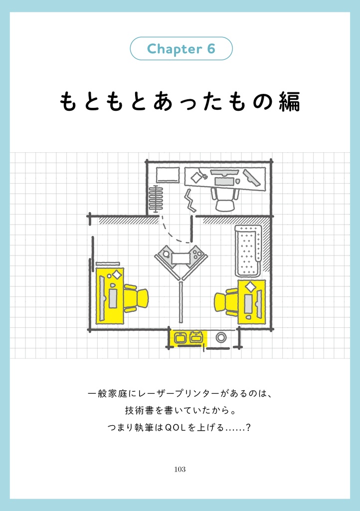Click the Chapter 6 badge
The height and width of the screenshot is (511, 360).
[181, 49]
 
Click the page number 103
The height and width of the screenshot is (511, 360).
[180, 469]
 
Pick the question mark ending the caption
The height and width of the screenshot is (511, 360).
[248, 428]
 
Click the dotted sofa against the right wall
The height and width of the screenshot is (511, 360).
[248, 250]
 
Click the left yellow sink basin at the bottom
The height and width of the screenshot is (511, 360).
[180, 337]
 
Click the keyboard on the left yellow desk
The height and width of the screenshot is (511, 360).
[113, 298]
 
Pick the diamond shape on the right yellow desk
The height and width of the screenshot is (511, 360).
[249, 286]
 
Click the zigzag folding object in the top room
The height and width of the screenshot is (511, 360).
[190, 200]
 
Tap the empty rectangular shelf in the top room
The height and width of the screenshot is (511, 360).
[168, 175]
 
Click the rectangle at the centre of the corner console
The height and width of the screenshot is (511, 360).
[181, 258]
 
